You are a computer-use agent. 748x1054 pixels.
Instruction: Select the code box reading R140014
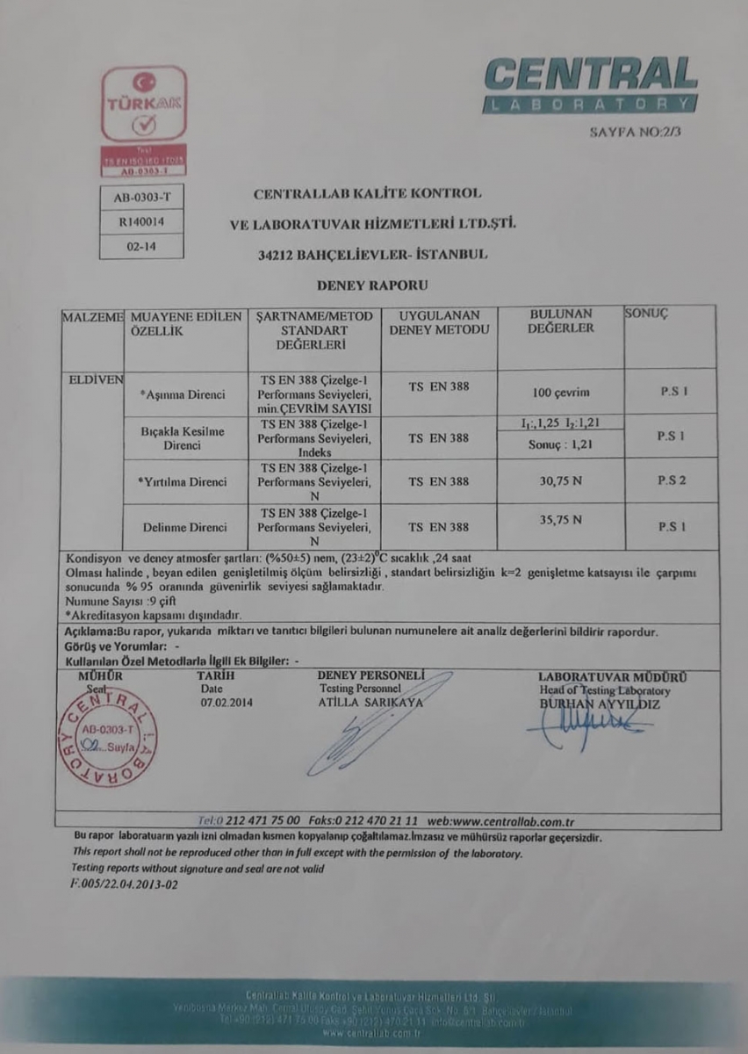141,222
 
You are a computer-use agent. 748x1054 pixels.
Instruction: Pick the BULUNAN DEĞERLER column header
561,321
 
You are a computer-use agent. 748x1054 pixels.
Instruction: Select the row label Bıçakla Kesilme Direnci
183,438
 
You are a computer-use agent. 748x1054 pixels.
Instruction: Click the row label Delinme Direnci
183,527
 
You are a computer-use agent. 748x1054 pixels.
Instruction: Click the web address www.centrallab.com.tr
511,822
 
